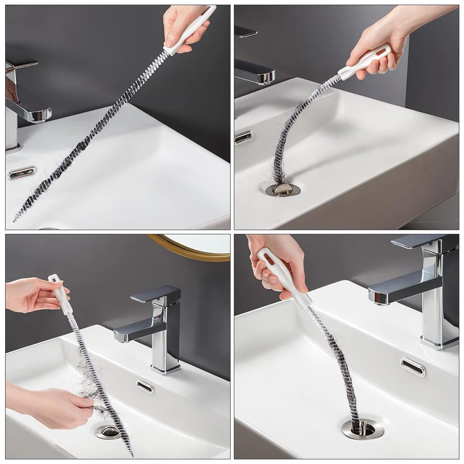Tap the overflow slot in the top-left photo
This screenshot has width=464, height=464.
(x=22, y=173)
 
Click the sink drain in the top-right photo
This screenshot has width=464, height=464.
(x=282, y=189)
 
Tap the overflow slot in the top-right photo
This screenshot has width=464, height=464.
(x=244, y=137)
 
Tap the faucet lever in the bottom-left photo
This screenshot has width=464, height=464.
(x=155, y=294)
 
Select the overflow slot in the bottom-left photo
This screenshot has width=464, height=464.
(x=145, y=386)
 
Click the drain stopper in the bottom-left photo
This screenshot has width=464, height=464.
(x=108, y=432)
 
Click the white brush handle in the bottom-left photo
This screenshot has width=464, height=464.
(x=61, y=294)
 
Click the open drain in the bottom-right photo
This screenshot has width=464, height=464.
(x=363, y=429)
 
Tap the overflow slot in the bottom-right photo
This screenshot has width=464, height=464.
(x=413, y=366)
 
